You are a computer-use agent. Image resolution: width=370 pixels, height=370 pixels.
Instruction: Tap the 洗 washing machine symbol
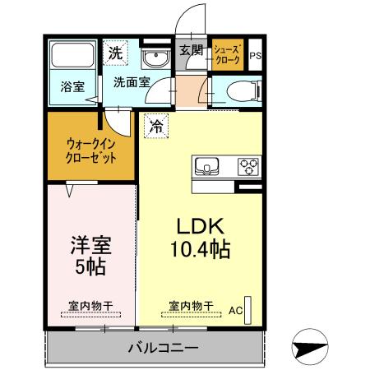(117, 53)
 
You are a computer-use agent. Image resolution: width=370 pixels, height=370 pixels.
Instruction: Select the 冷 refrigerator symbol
(155, 127)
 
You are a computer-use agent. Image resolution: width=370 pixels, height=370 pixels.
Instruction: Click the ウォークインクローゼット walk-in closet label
(90, 151)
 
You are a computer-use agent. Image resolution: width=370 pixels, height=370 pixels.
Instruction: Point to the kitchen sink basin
(206, 168)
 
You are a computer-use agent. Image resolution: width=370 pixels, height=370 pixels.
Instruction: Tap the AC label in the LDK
(234, 310)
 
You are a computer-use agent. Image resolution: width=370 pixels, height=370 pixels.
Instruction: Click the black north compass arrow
(311, 348)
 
